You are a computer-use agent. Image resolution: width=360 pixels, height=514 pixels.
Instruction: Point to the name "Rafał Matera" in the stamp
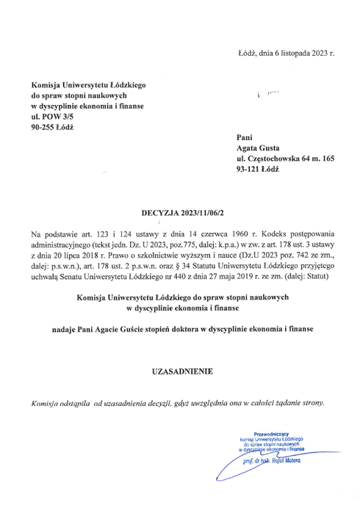284,460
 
